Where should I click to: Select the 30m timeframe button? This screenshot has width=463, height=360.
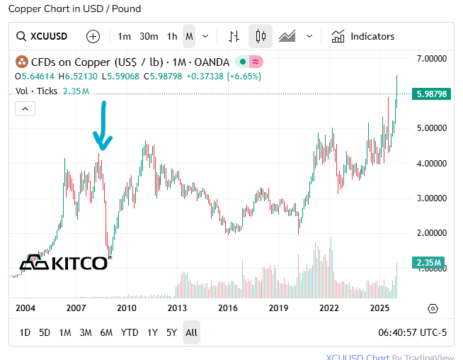pyautogui.click(x=149, y=36)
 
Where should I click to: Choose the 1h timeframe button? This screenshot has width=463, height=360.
pyautogui.click(x=172, y=36)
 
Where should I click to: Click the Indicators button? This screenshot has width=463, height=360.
pyautogui.click(x=363, y=36)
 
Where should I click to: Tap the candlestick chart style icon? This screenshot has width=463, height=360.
pyautogui.click(x=261, y=36)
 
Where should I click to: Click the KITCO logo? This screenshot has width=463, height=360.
pyautogui.click(x=64, y=263)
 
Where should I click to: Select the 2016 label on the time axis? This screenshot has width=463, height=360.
pyautogui.click(x=227, y=308)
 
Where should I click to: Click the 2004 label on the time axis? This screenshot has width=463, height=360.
pyautogui.click(x=25, y=308)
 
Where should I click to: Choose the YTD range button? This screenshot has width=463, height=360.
pyautogui.click(x=130, y=332)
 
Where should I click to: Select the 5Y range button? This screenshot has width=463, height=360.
pyautogui.click(x=171, y=332)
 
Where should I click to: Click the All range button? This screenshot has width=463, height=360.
pyautogui.click(x=191, y=332)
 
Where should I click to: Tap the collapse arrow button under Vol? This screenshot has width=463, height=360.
pyautogui.click(x=25, y=108)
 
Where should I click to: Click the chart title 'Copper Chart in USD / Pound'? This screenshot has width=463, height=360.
pyautogui.click(x=74, y=9)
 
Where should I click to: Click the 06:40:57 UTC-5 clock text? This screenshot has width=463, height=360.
pyautogui.click(x=413, y=332)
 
